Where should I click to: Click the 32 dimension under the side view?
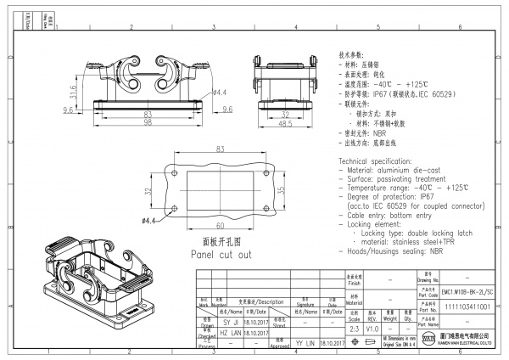click(286, 113)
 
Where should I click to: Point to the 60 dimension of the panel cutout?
click(220, 226)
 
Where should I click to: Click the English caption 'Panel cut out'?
click(221, 254)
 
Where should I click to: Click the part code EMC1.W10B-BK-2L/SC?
click(467, 292)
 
